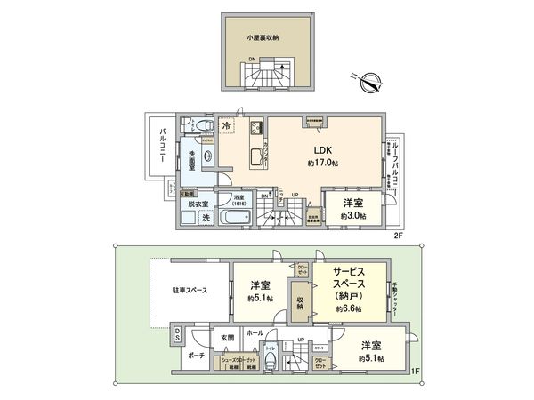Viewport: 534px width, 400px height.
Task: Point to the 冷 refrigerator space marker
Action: [227, 126]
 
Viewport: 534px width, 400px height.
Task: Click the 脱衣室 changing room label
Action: [197, 203]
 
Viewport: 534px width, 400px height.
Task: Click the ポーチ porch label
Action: [197, 356]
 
